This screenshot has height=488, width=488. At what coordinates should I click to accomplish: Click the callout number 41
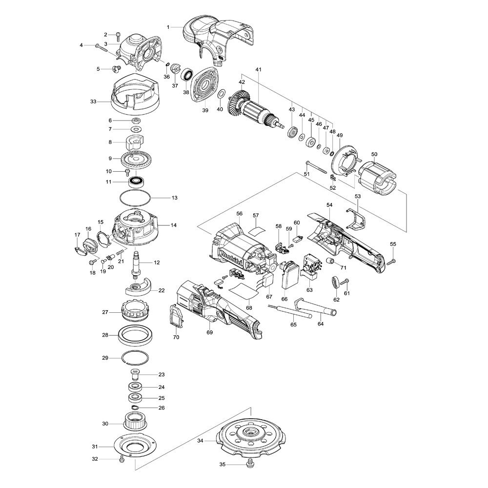258,70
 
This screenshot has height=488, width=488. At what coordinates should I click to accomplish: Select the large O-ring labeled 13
135,198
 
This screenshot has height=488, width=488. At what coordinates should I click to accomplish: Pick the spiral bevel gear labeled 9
135,159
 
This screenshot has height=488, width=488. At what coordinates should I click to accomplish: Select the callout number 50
374,155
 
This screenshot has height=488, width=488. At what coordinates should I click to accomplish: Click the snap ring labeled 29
135,358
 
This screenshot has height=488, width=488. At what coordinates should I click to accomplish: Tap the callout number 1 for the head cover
169,27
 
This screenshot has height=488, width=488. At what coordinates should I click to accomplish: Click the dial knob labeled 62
336,283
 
